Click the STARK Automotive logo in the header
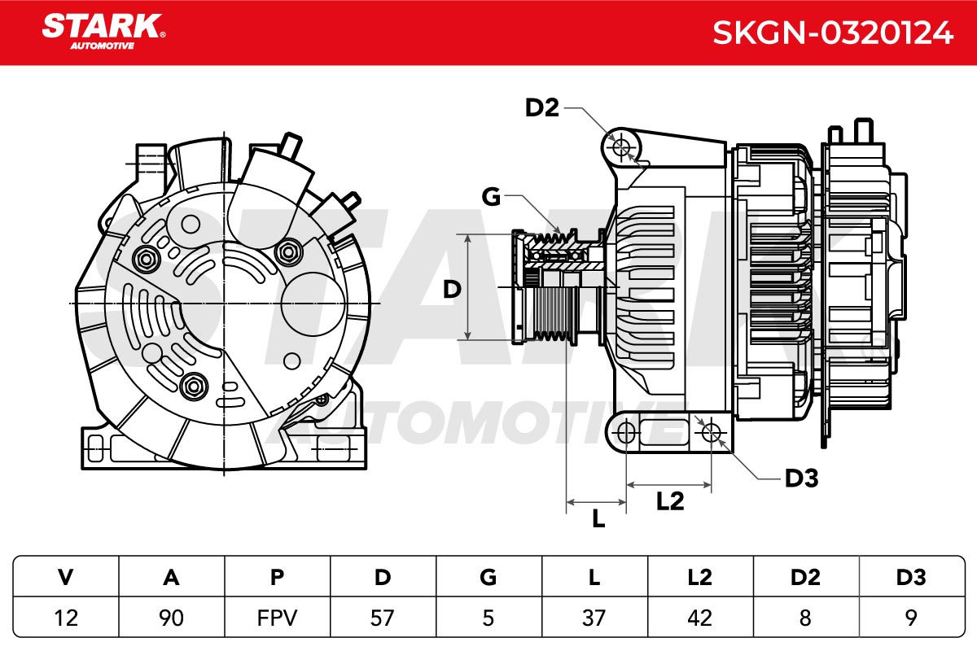103,32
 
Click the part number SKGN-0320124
833,33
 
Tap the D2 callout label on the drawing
541,107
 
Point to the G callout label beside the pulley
491,197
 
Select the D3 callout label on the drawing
802,478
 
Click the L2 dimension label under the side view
670,501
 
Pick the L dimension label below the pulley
598,519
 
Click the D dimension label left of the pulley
452,289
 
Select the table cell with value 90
172,618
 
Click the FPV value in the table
277,618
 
